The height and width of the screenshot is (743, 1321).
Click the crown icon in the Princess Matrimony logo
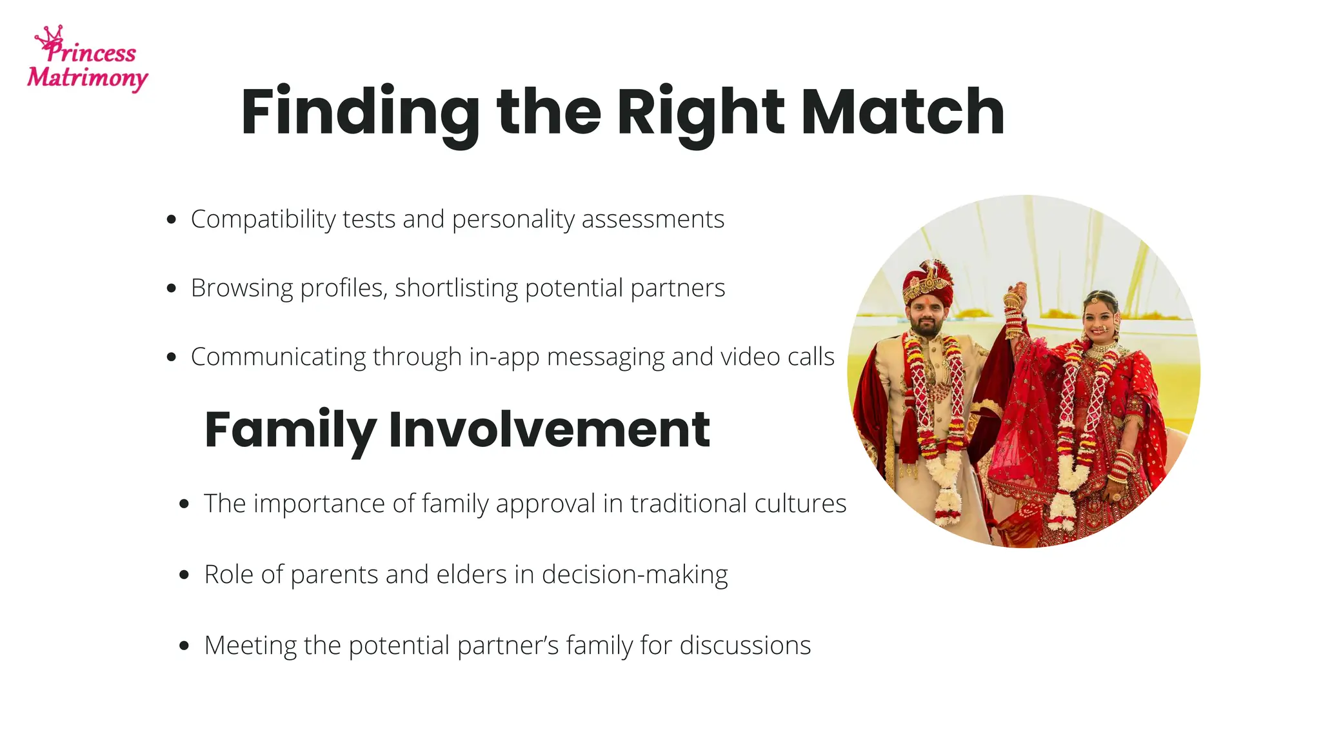[x=50, y=35]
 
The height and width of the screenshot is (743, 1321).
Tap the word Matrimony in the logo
[x=87, y=78]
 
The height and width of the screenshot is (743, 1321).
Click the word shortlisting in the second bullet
[x=456, y=288]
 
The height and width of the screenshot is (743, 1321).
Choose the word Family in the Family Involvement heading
[x=290, y=430]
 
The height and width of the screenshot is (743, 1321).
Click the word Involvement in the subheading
[x=549, y=430]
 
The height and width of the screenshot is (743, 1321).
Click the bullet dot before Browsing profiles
[x=171, y=288]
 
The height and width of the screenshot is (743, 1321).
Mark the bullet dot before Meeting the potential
[x=184, y=646]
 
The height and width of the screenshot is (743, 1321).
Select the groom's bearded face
[x=927, y=318]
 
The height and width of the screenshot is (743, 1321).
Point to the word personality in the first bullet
[x=513, y=219]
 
